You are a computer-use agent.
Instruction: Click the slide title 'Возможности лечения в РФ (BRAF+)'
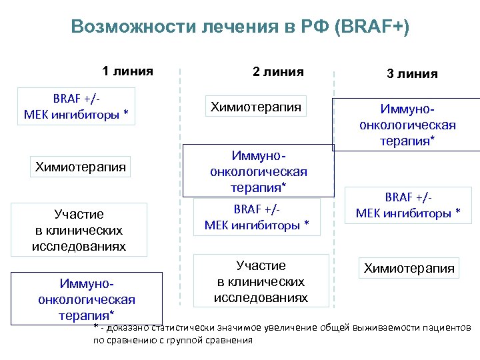240,27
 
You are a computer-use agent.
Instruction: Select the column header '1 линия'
127,71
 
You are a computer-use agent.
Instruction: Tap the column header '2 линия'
278,72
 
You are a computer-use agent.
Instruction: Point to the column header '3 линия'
412,74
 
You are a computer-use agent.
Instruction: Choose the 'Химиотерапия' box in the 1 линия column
81,167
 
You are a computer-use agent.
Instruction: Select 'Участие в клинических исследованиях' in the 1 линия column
79,231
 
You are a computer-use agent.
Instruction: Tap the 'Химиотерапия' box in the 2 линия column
256,107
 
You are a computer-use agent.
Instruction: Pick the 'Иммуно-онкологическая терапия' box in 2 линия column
258,171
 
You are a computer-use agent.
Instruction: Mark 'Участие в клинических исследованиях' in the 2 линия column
261,281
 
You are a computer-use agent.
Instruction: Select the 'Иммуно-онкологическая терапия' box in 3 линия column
407,125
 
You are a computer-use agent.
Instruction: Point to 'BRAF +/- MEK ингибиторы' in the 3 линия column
408,205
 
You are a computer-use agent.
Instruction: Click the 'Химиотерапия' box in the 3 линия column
408,268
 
